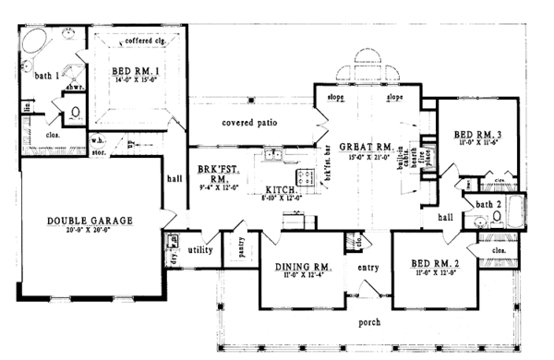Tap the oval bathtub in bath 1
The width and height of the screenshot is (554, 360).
tap(37, 41)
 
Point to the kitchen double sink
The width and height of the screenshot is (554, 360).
tap(272, 155)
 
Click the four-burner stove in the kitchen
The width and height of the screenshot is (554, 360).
tap(304, 175)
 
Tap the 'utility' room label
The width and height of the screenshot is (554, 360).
tap(201, 250)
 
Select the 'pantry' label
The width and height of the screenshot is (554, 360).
tap(239, 247)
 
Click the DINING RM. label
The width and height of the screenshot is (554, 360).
tap(297, 268)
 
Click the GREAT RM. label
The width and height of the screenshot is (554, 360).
tap(367, 148)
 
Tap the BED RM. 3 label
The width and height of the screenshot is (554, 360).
tap(477, 134)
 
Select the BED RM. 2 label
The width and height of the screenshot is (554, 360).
tap(436, 264)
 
